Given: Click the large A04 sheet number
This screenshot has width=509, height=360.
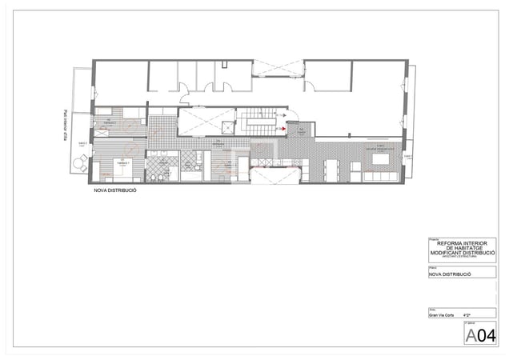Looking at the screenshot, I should pyautogui.click(x=480, y=333).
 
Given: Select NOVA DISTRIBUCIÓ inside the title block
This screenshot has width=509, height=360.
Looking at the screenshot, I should pyautogui.click(x=450, y=274).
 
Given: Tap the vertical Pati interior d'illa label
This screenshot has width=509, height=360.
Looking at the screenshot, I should pyautogui.click(x=66, y=124).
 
